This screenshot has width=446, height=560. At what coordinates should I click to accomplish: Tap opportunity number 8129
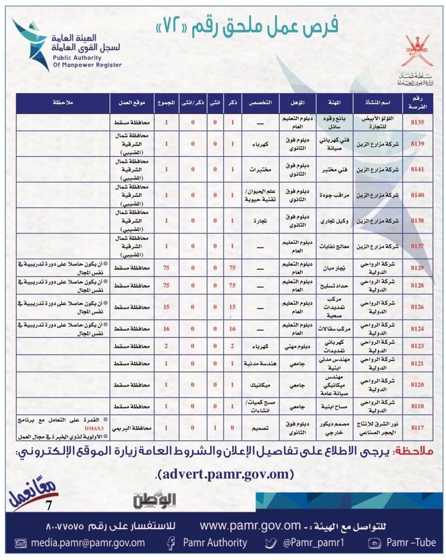(418, 268)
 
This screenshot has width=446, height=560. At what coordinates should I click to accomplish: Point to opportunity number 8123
(418, 346)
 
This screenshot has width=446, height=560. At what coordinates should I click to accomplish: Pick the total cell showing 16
(166, 329)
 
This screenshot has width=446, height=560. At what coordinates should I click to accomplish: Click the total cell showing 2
(166, 346)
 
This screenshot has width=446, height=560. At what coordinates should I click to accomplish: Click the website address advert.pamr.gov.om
(225, 474)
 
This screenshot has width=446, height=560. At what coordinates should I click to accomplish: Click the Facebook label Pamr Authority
(215, 543)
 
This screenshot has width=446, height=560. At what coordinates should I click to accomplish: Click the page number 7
(49, 505)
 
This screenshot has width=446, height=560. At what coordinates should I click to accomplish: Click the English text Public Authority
(81, 57)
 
